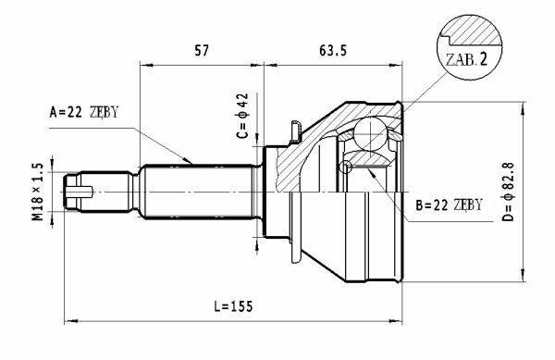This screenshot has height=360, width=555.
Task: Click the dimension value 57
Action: click(202, 51)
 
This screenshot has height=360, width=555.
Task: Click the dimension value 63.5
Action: click(333, 51)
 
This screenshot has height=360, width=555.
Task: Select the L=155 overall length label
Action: click(234, 306)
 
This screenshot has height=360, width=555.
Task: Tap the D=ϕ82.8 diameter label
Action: click(508, 192)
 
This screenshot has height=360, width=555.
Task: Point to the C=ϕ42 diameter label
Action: click(242, 116)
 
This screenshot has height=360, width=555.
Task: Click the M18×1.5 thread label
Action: click(38, 192)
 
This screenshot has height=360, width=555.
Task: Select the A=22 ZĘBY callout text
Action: click(83, 112)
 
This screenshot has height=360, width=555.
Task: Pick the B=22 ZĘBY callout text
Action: click(449, 205)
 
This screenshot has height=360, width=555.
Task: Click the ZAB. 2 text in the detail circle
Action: click(466, 59)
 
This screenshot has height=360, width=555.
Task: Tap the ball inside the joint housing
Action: click(370, 133)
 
